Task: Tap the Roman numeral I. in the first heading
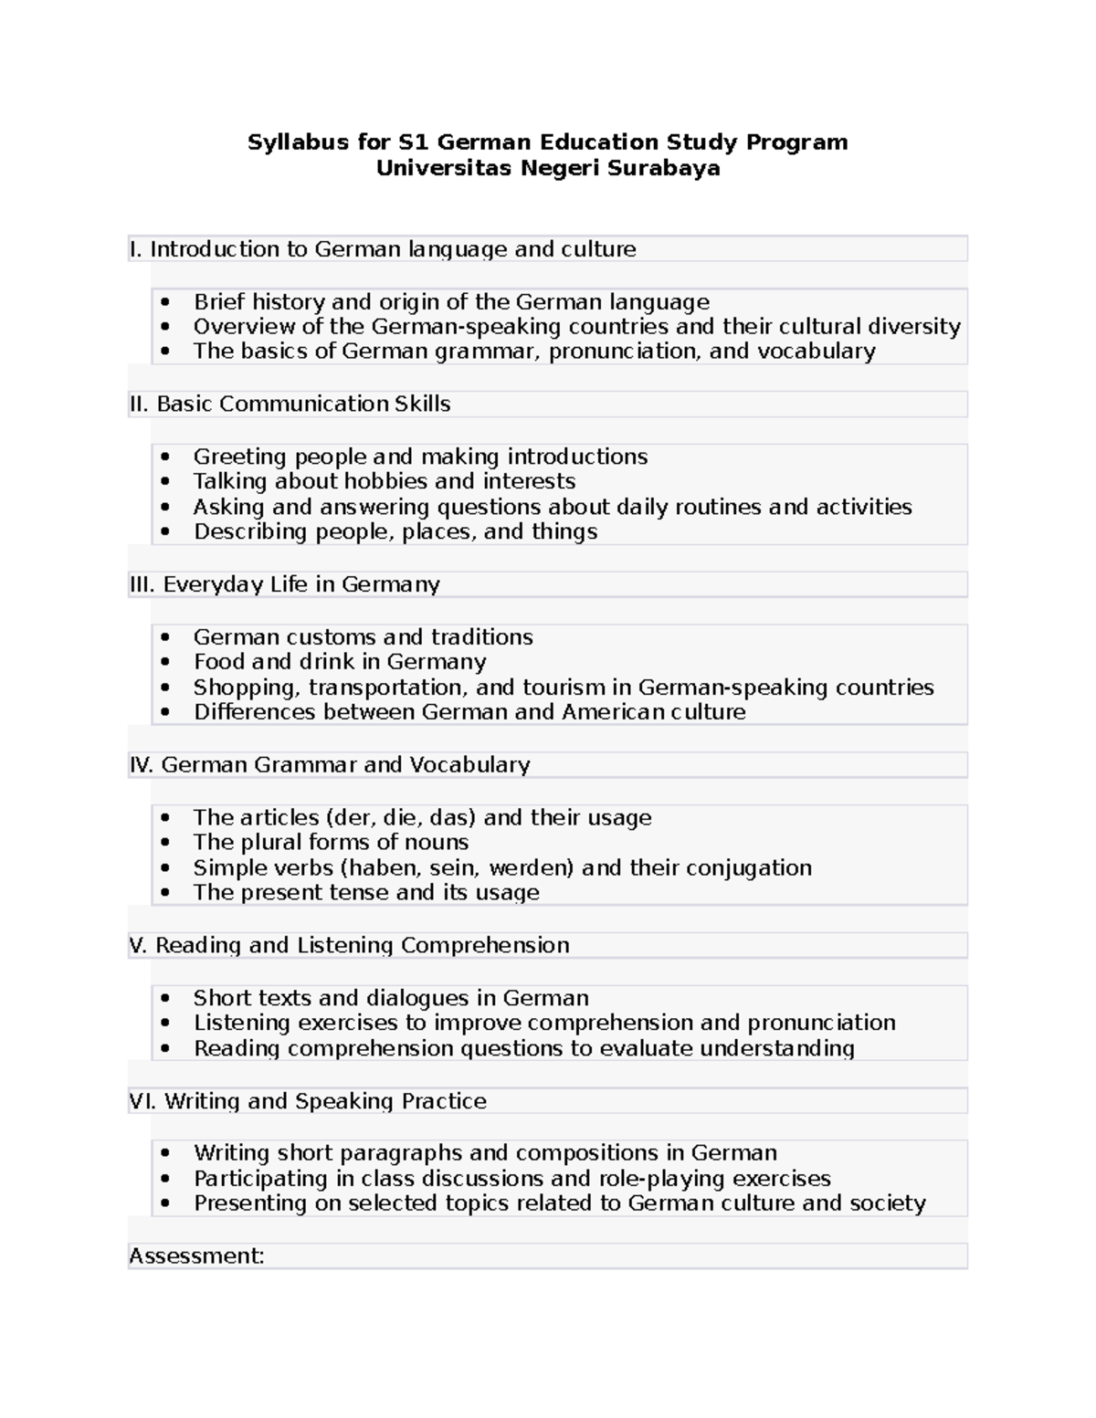(136, 249)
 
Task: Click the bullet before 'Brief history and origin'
(164, 302)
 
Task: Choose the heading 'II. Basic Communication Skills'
(290, 404)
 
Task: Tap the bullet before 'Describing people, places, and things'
(164, 531)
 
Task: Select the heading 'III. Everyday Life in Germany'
(285, 584)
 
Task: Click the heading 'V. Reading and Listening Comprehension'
(350, 945)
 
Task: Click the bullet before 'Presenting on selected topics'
(164, 1203)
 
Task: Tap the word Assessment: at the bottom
(196, 1256)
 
